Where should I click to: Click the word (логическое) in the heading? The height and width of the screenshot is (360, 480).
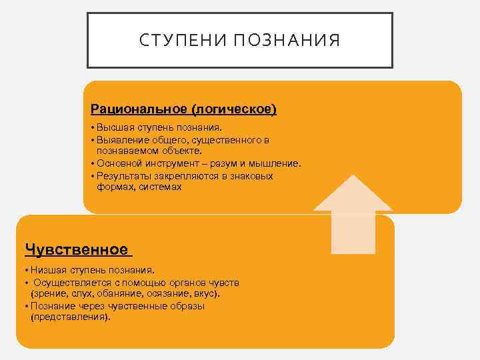point(234,108)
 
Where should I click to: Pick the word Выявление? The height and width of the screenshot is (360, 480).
point(121,141)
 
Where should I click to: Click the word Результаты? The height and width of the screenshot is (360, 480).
point(123,177)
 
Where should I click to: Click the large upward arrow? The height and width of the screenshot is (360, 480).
point(353,213)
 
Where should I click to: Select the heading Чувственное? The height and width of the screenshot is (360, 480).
point(76,249)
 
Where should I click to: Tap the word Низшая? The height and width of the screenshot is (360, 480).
point(46,271)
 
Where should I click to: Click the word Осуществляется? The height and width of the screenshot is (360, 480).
point(71,283)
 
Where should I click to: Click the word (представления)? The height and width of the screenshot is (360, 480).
point(70,317)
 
